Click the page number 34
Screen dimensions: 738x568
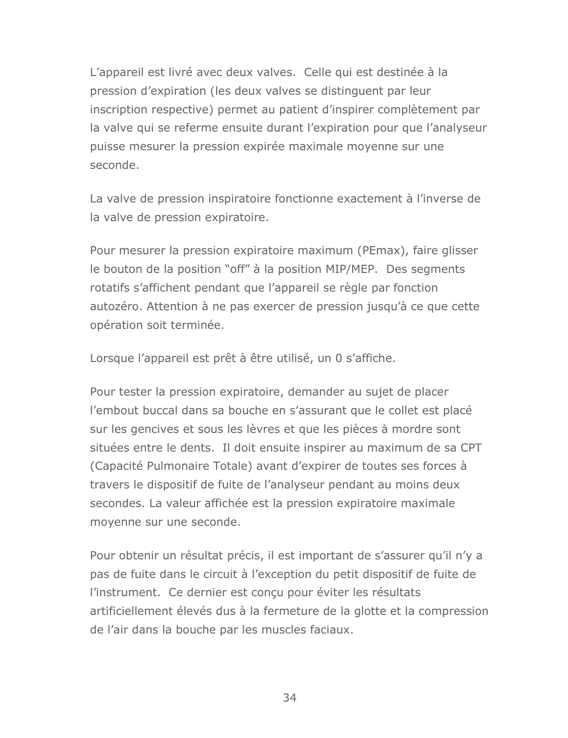pos(289,698)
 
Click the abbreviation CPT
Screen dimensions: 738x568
pos(471,448)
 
